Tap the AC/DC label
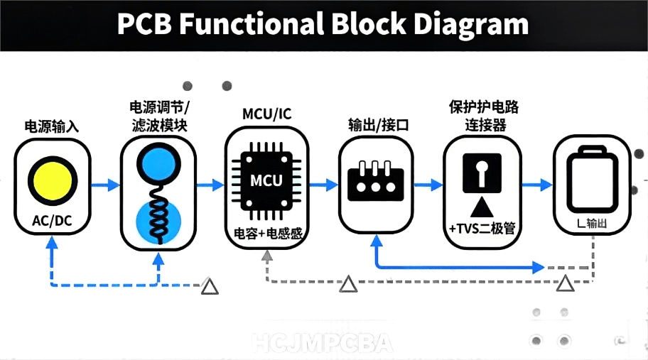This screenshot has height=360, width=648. (x=52, y=221)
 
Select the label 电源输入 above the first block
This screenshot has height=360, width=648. (x=52, y=127)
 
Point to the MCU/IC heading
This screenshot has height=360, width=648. (x=266, y=114)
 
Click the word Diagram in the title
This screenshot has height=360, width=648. (x=472, y=24)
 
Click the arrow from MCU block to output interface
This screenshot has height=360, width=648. (x=323, y=185)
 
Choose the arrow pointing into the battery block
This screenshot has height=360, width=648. (x=537, y=185)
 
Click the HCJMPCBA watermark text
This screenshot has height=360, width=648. (x=323, y=344)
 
